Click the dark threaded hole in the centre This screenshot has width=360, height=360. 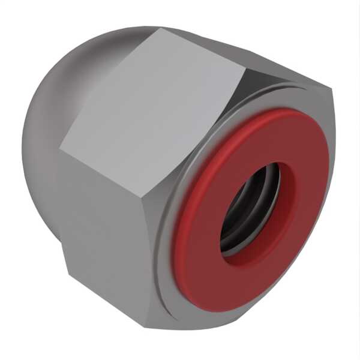(251, 210)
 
